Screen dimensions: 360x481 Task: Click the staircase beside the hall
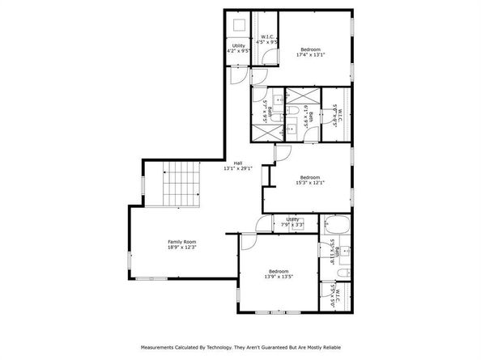click(x=179, y=184)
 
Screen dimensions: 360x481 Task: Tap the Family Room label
click(x=182, y=244)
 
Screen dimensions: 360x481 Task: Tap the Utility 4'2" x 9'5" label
click(x=238, y=49)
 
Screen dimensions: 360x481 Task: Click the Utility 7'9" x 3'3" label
click(x=292, y=221)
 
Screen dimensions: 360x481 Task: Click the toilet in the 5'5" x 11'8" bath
click(x=341, y=273)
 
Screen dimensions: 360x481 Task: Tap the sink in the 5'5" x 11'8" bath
click(x=346, y=252)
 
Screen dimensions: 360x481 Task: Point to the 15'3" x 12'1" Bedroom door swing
click(x=283, y=153)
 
